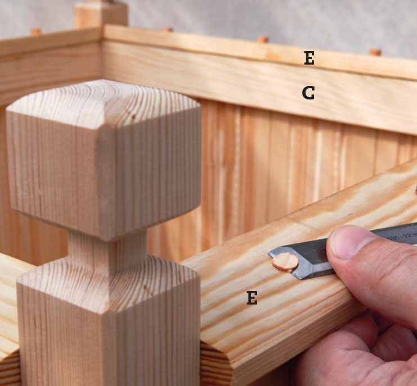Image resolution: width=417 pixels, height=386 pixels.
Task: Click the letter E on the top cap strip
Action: coord(309,58)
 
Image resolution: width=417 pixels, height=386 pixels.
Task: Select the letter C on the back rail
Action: coord(309,93)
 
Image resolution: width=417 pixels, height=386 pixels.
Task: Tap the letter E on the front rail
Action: coord(252,297)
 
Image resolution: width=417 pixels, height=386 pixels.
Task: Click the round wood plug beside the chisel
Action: coord(285,261)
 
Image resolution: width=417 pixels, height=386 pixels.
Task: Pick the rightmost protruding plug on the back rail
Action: coord(375,52)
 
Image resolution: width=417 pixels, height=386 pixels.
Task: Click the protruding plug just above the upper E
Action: coord(263,39)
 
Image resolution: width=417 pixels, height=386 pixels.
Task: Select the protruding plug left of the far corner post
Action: coord(36,31)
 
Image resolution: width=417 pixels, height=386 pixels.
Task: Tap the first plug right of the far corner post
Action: coord(167,29)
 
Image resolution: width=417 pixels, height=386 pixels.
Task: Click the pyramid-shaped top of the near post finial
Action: coord(103,104)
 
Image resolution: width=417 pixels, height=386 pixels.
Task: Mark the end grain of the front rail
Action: coord(216,364)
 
